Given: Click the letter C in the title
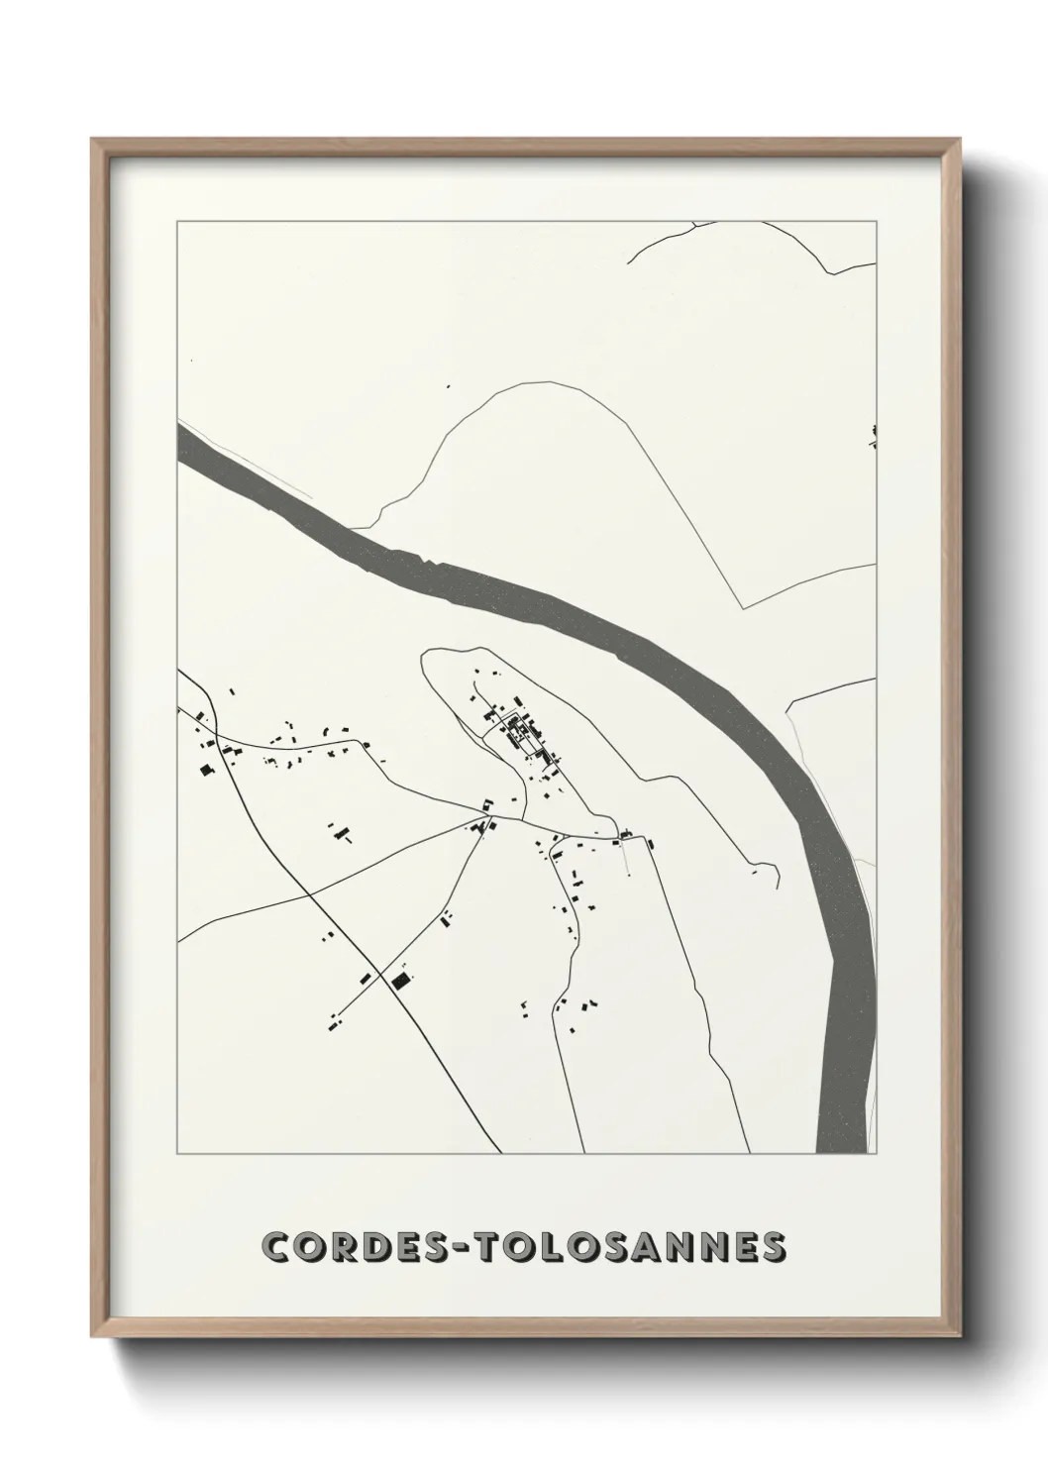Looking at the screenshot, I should point(278,1248).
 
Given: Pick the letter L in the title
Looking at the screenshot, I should point(561,1248).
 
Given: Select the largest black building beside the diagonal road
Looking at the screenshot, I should point(400,981).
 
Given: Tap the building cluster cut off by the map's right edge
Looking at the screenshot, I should point(874,436).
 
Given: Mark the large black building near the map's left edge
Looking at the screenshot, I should point(206,769).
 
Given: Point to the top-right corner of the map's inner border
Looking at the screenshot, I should point(877,221).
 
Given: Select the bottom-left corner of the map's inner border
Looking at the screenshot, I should point(177,1153).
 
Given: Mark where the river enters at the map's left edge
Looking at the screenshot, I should point(179,442).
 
